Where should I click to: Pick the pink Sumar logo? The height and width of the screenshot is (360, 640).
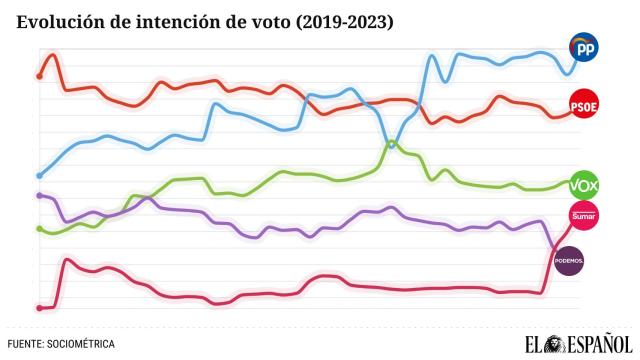click(583, 215)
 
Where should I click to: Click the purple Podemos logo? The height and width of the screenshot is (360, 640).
click(570, 261)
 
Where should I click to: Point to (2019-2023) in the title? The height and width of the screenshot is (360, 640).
click(337, 20)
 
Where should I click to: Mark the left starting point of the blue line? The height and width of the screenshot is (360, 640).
click(38, 175)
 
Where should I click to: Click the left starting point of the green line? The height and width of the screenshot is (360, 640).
click(38, 228)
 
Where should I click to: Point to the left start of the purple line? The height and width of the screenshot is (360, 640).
click(38, 195)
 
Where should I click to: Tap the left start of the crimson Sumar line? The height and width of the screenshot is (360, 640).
click(38, 307)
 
